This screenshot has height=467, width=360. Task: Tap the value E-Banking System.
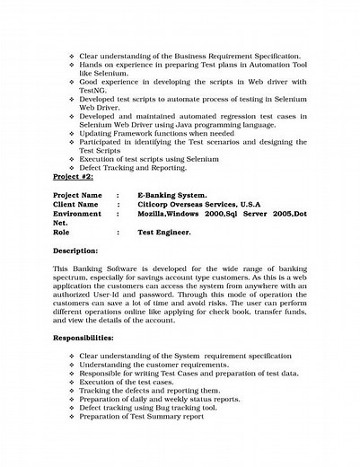tap(175, 195)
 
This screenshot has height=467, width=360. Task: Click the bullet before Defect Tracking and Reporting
tap(71, 167)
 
